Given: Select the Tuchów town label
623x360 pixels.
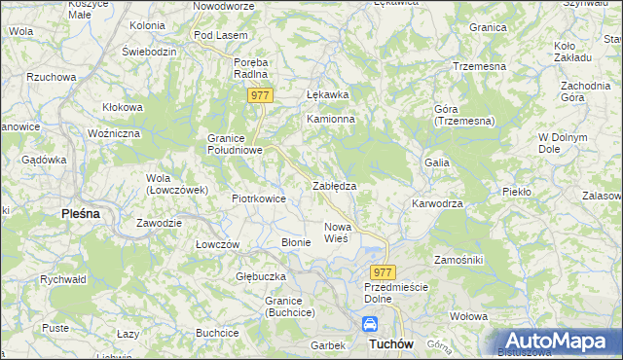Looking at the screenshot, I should coord(392,344).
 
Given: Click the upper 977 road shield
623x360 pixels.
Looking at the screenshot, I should coord(259,94).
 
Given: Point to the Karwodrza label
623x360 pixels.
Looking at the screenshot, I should coord(437,204).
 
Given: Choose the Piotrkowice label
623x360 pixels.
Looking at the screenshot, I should coord(258,198).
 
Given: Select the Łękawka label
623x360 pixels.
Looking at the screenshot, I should coord(327,95).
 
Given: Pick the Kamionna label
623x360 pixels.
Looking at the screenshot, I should coord(331,119).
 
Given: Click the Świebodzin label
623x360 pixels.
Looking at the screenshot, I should coord(149,50).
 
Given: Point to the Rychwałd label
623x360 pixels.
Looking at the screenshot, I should coord(63,278).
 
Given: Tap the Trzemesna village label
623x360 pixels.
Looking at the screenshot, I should coord(477,66).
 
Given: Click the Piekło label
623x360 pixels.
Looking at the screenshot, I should coord(516,192).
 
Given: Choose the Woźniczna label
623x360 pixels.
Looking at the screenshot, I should coord(114,132).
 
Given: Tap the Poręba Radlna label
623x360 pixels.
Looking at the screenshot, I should coord(251,67).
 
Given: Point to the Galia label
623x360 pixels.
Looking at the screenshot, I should coord(435,162).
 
